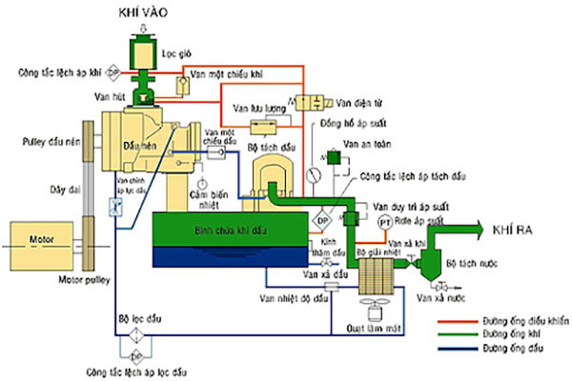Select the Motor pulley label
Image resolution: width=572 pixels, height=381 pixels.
[88, 281]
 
